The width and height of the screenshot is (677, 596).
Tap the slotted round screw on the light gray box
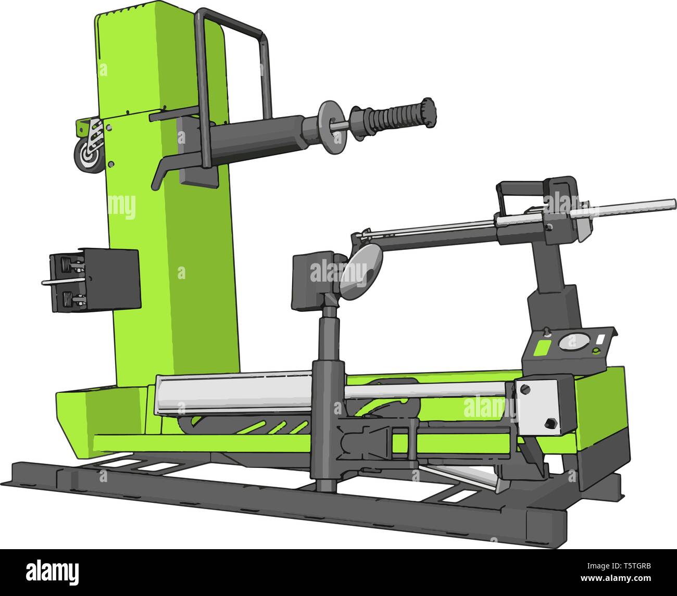(525, 388)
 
